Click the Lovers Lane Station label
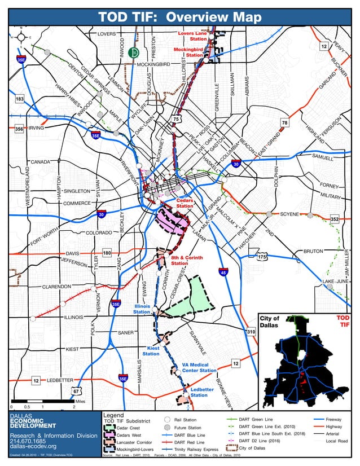(192, 36)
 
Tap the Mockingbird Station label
(188, 52)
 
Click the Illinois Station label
(142, 309)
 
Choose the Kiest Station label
(151, 351)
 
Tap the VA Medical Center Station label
(199, 367)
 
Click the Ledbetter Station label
(201, 393)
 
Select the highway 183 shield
(19, 99)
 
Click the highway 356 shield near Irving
(19, 129)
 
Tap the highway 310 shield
(251, 332)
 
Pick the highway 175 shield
(261, 257)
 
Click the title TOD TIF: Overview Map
(180, 17)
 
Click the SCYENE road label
(289, 214)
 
